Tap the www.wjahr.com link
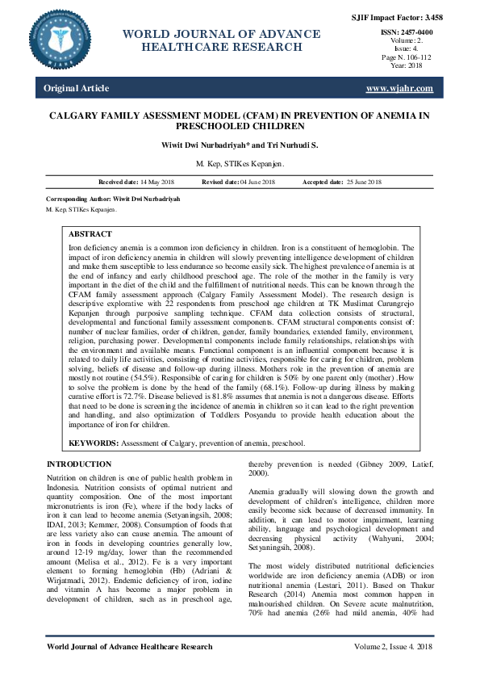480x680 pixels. pos(399,88)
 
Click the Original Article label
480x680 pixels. pos(77,88)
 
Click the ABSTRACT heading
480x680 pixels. pos(90,233)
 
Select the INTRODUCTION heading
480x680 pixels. pos(79,464)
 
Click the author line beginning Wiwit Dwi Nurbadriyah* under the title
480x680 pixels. pos(240,145)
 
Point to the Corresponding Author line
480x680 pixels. pos(113,198)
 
